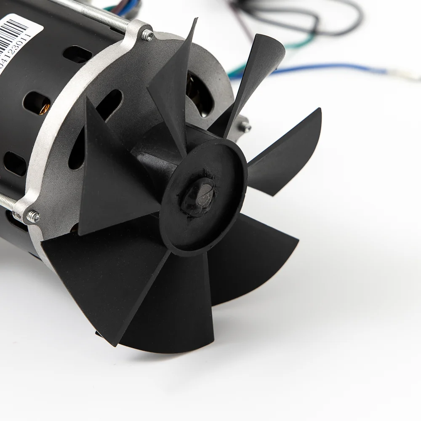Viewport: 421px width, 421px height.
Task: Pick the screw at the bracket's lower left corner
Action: click(x=34, y=217)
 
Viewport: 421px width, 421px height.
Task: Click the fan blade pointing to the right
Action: click(x=286, y=152)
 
